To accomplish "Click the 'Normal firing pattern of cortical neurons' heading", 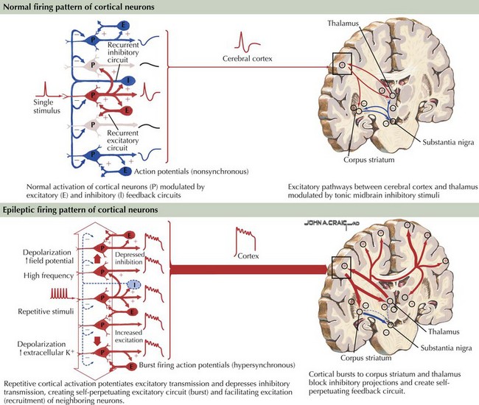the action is click(79, 7).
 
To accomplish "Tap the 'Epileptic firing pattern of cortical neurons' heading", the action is click(80, 210).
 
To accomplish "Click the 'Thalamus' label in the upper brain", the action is click(343, 23).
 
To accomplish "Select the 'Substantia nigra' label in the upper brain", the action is click(448, 142).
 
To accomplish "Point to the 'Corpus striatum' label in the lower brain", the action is click(366, 358).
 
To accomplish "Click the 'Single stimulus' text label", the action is click(46, 106).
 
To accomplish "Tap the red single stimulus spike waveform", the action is click(45, 89).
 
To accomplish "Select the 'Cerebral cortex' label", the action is click(247, 58).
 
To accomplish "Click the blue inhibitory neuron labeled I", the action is click(129, 80).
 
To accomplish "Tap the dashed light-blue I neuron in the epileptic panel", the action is click(133, 285).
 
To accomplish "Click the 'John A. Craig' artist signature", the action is click(332, 223).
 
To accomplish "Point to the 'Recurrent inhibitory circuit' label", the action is click(123, 52).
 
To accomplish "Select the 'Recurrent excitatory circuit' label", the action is click(123, 141).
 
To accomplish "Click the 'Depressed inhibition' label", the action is click(130, 258).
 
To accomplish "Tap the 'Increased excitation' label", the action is click(129, 337).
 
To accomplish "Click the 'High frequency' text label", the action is click(49, 276).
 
